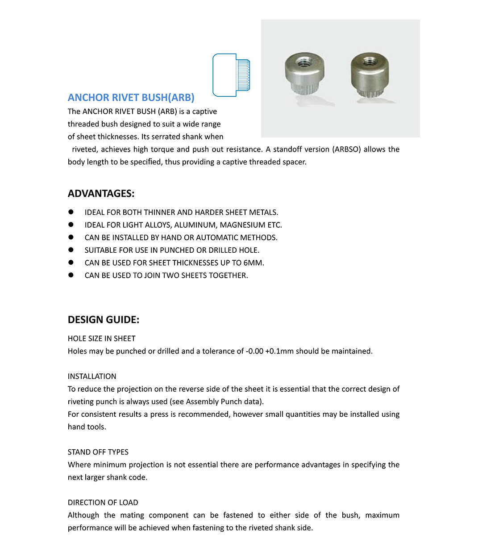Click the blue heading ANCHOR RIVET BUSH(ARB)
click(x=131, y=98)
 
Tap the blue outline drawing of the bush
click(x=231, y=75)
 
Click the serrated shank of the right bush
click(x=370, y=90)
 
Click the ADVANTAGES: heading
click(x=101, y=193)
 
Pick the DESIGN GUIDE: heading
click(x=104, y=320)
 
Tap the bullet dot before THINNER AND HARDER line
click(x=71, y=212)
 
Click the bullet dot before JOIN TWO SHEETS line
click(x=71, y=275)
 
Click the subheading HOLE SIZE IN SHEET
click(x=101, y=339)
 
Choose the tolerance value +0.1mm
click(x=279, y=351)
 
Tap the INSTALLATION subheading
click(x=92, y=377)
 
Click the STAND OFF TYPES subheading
click(x=98, y=452)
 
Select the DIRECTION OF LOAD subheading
click(x=103, y=503)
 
